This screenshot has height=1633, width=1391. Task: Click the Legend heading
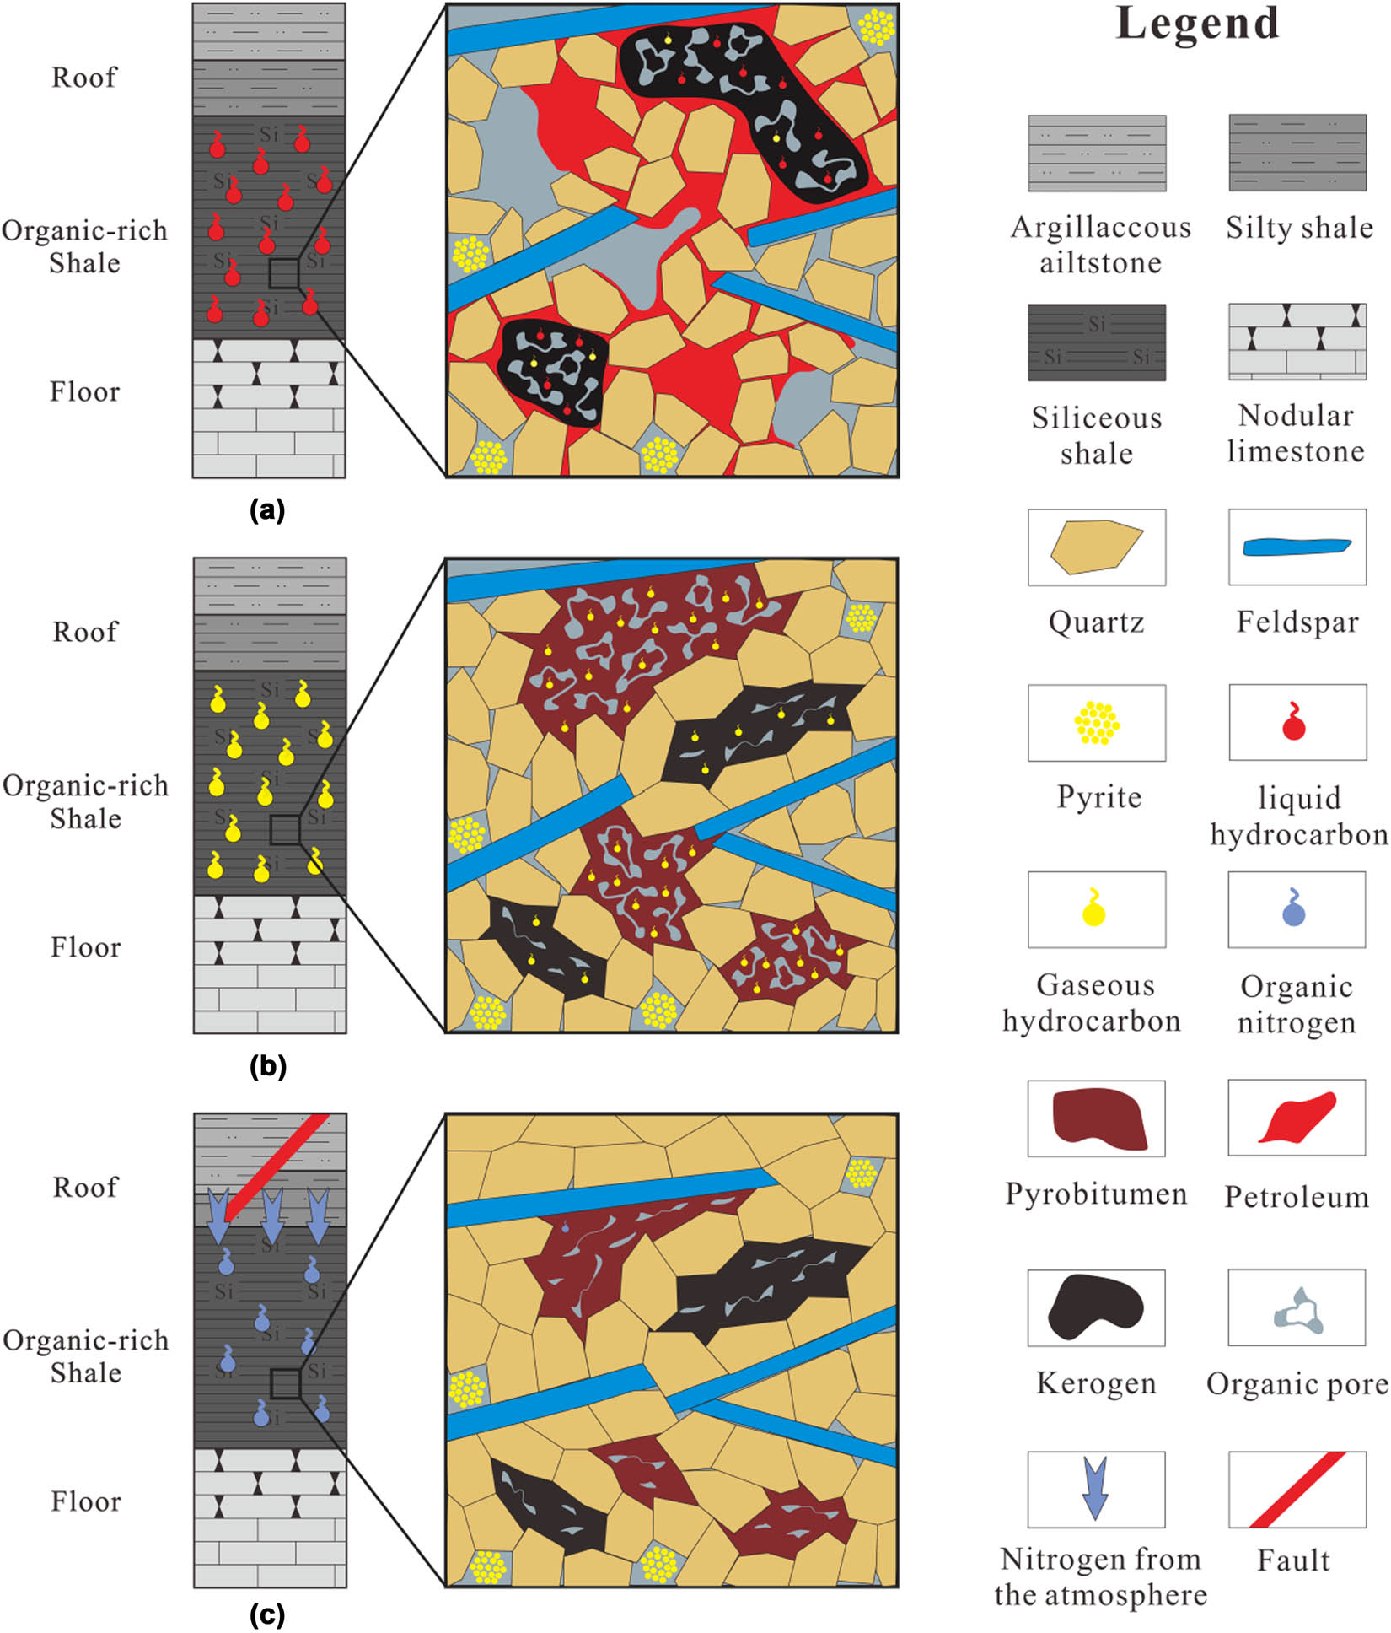pyautogui.click(x=1197, y=24)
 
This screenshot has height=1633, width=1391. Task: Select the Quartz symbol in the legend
pyautogui.click(x=1096, y=547)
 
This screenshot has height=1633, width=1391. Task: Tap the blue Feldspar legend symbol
pyautogui.click(x=1297, y=547)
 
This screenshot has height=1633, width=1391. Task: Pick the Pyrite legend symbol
pyautogui.click(x=1096, y=723)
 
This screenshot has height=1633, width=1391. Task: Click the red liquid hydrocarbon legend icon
pyautogui.click(x=1294, y=723)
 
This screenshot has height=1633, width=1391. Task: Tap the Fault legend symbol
pyautogui.click(x=1297, y=1490)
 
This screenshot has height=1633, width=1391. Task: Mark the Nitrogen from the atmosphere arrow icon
pyautogui.click(x=1095, y=1488)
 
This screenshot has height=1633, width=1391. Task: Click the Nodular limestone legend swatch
pyautogui.click(x=1297, y=342)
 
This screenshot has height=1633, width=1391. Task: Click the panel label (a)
pyautogui.click(x=267, y=510)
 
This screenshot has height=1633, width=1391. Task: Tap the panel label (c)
pyautogui.click(x=267, y=1615)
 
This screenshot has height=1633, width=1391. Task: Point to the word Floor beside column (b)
pyautogui.click(x=85, y=947)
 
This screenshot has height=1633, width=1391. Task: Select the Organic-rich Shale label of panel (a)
pyautogui.click(x=84, y=246)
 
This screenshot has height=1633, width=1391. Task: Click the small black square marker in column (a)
pyautogui.click(x=284, y=273)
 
